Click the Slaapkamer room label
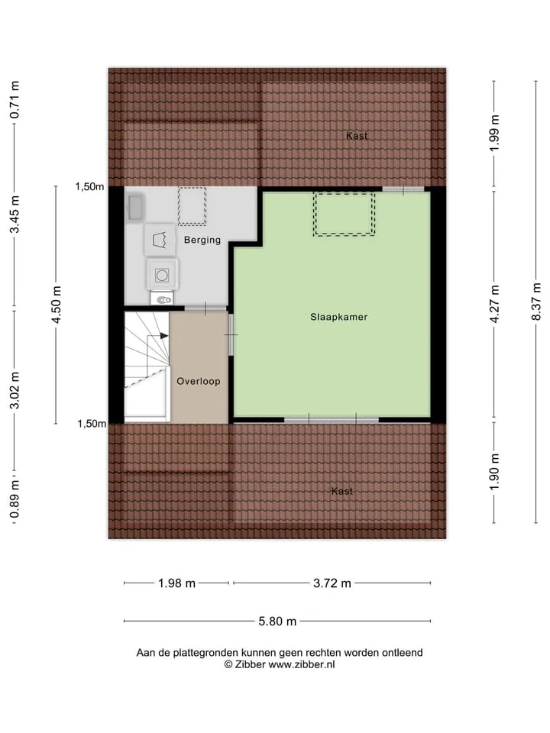point(338,317)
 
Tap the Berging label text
point(202,240)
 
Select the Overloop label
point(199,381)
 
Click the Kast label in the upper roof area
point(357,136)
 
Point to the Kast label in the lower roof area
point(342,491)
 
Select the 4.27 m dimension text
point(494,304)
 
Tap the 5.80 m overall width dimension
point(277,622)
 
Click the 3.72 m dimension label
point(332,583)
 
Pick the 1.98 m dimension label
point(176,583)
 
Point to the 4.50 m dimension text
point(56,305)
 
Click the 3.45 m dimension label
point(15,215)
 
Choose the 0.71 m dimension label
point(15,100)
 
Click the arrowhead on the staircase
point(164,336)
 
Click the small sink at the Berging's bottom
point(162,299)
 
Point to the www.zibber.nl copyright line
point(280,664)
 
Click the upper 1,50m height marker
point(90,186)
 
